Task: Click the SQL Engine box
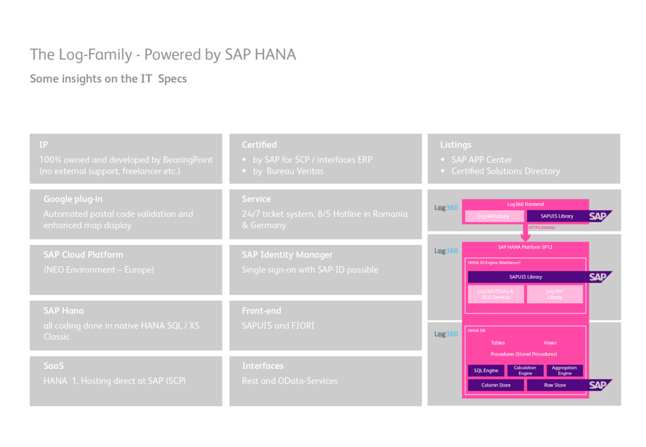(486, 370)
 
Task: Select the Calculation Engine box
(525, 370)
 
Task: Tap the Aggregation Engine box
(564, 370)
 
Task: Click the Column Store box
(495, 385)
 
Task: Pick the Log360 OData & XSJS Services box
(495, 294)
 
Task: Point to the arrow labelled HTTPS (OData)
(525, 233)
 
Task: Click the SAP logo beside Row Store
(598, 385)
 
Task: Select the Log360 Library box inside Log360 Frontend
(493, 216)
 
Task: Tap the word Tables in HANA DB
(498, 343)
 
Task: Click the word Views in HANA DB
(550, 343)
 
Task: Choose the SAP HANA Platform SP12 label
(525, 247)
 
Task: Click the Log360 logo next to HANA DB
(446, 334)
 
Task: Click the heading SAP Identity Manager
(287, 255)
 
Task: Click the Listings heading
(456, 145)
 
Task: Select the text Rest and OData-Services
(289, 381)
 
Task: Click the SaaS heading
(54, 366)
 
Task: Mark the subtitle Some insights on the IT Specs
(108, 79)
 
